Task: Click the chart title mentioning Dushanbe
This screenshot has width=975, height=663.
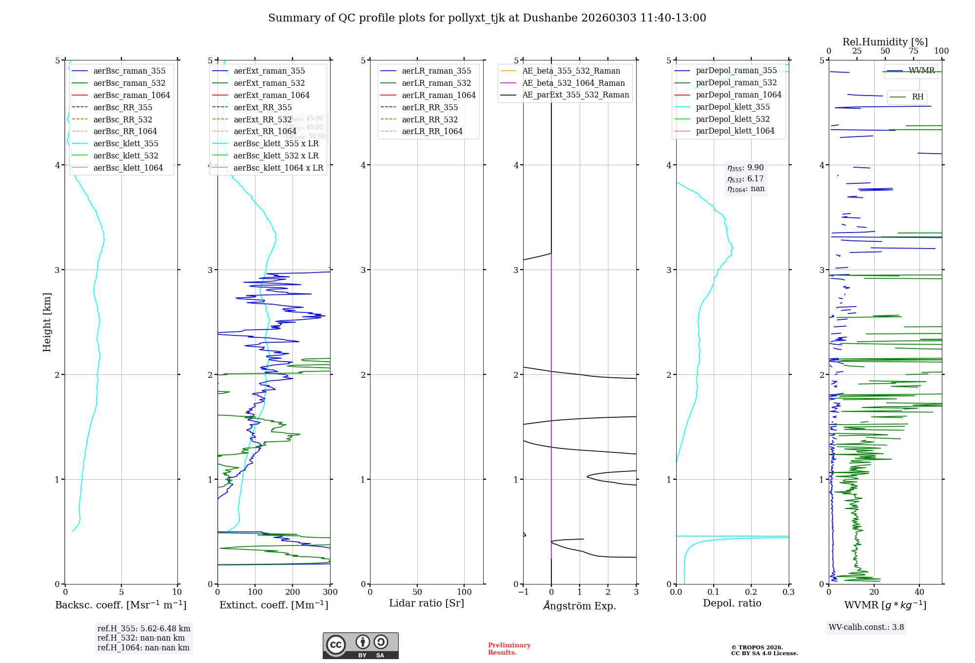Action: tap(487, 18)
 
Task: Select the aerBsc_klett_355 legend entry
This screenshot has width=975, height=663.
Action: tap(125, 143)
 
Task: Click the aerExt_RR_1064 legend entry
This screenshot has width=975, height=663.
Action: tap(265, 131)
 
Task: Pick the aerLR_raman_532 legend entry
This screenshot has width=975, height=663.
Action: tap(436, 83)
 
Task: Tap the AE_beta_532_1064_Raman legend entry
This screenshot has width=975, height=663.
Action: tap(573, 83)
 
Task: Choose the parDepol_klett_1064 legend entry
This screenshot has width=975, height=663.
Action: tap(735, 131)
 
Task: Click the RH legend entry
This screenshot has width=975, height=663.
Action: tap(917, 97)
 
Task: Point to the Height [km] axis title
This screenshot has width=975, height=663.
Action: tap(47, 322)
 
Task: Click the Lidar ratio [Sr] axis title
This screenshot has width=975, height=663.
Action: tap(427, 603)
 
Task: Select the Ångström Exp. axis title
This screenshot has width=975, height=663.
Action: tap(579, 605)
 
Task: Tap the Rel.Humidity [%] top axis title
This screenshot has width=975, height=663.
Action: tap(885, 42)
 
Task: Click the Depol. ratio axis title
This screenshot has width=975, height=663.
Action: tap(732, 603)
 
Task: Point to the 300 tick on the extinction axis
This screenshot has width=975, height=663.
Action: tap(330, 592)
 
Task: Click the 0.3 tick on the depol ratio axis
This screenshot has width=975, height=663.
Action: tap(788, 592)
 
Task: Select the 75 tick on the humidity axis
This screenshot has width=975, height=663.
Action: tap(913, 51)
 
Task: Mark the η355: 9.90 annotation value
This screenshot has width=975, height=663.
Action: tap(745, 168)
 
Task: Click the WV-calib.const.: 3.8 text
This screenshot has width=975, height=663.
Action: tap(866, 627)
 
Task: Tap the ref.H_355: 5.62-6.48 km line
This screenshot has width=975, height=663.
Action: tap(144, 628)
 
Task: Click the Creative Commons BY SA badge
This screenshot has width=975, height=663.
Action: tap(360, 645)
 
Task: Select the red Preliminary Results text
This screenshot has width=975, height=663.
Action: tap(509, 649)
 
